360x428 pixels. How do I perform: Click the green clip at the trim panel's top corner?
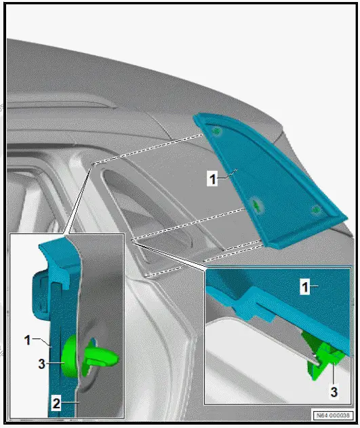click(216, 130)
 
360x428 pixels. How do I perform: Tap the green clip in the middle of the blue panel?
click(256, 203)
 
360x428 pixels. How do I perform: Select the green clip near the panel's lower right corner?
click(315, 210)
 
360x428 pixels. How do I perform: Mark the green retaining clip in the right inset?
click(323, 357)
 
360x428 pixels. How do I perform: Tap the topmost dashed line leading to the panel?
click(149, 149)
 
